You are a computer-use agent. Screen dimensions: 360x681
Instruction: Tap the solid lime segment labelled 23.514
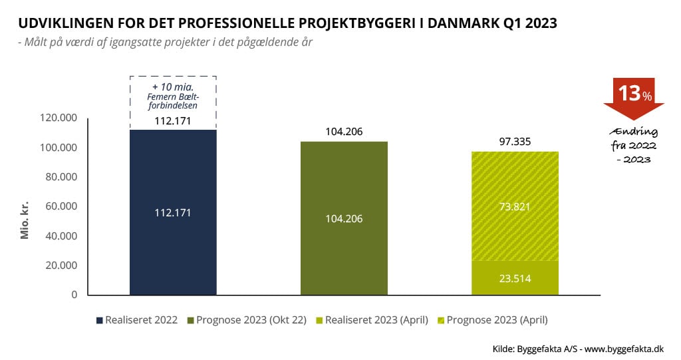[515, 278]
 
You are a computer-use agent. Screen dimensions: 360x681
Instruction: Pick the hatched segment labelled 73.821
[515, 206]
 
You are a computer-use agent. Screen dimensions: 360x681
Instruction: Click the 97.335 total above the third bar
[515, 142]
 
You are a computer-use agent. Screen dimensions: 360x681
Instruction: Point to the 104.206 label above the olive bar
[344, 132]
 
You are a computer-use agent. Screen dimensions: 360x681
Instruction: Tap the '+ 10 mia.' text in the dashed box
[173, 87]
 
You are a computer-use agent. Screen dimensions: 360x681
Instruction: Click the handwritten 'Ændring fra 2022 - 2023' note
[634, 145]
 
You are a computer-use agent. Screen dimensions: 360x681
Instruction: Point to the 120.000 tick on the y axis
[59, 118]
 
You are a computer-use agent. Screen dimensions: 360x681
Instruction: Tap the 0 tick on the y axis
[74, 295]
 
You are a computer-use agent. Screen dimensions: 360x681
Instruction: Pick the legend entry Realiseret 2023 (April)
[374, 320]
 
